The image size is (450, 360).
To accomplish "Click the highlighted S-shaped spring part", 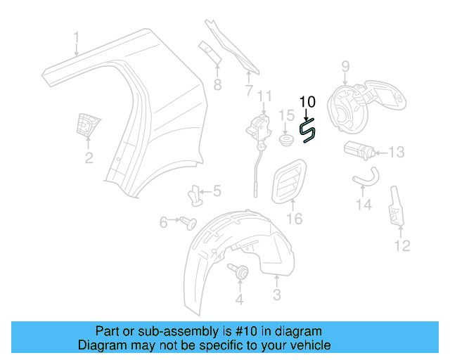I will [x=307, y=131].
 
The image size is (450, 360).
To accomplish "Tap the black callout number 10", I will [x=307, y=101].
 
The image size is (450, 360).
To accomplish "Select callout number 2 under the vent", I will [x=89, y=158].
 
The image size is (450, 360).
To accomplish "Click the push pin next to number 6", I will [x=189, y=223].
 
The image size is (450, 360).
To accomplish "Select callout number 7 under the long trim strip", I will [x=248, y=90].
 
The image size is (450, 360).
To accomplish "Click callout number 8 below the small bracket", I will [x=217, y=86].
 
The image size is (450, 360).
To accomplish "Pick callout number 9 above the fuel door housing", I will [x=345, y=67].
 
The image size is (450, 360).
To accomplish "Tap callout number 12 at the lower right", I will [x=401, y=245].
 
